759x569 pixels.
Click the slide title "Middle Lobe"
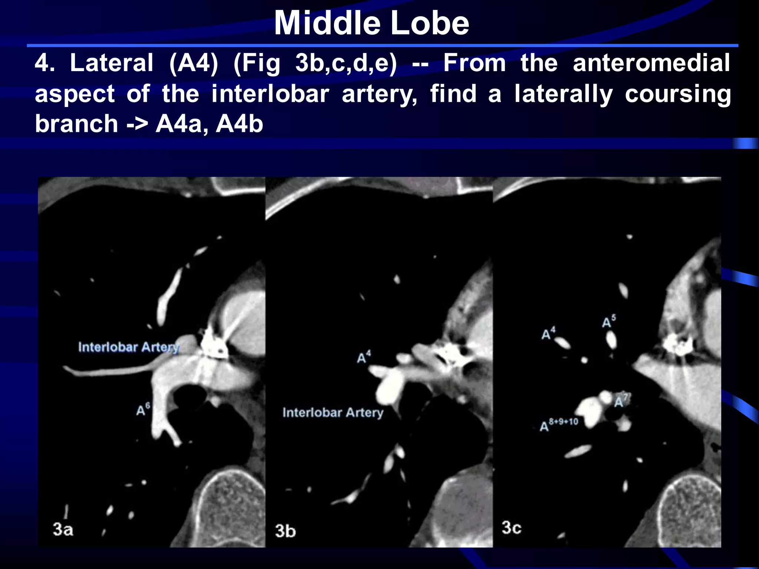(371, 23)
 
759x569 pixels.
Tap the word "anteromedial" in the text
(651, 63)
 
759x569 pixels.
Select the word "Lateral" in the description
(112, 63)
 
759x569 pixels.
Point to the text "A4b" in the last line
(239, 124)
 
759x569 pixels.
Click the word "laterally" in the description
(563, 94)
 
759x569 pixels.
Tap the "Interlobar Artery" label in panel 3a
(129, 347)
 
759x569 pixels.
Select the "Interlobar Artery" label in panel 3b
(333, 412)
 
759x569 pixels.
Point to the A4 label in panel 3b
(364, 357)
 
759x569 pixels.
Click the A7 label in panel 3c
(621, 400)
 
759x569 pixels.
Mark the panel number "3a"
(63, 529)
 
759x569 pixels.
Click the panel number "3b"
(285, 531)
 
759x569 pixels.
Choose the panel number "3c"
(511, 528)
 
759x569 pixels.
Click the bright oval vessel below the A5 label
(611, 339)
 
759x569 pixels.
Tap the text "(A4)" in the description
(193, 63)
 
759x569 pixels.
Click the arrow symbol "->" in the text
(137, 124)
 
